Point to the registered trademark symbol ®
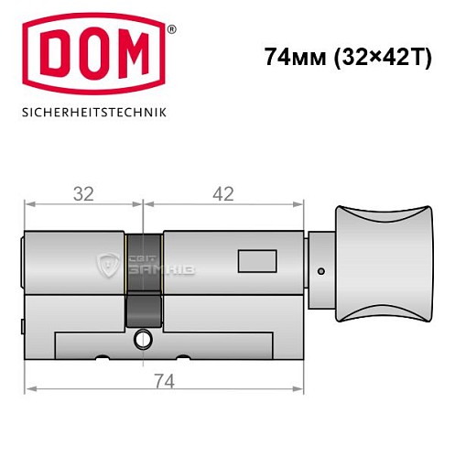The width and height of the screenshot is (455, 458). [x=171, y=28]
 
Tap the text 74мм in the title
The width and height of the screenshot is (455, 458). [x=291, y=56]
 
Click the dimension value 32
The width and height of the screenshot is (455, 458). [x=83, y=193]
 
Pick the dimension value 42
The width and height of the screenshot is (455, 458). [x=222, y=193]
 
